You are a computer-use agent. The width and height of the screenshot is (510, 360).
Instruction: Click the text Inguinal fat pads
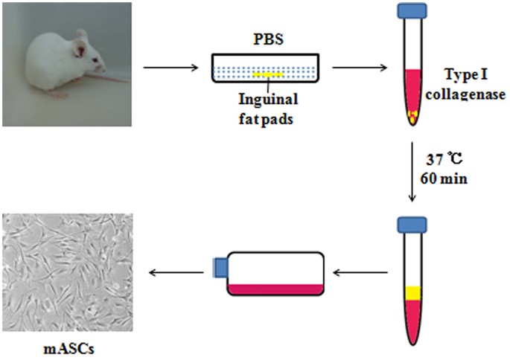266,109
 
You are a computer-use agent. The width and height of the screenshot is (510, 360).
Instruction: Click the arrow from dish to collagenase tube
361,69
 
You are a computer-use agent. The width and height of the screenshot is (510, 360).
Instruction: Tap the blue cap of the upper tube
412,12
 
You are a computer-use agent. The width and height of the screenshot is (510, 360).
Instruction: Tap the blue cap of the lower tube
412,224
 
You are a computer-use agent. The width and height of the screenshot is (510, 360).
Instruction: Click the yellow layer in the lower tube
412,294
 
